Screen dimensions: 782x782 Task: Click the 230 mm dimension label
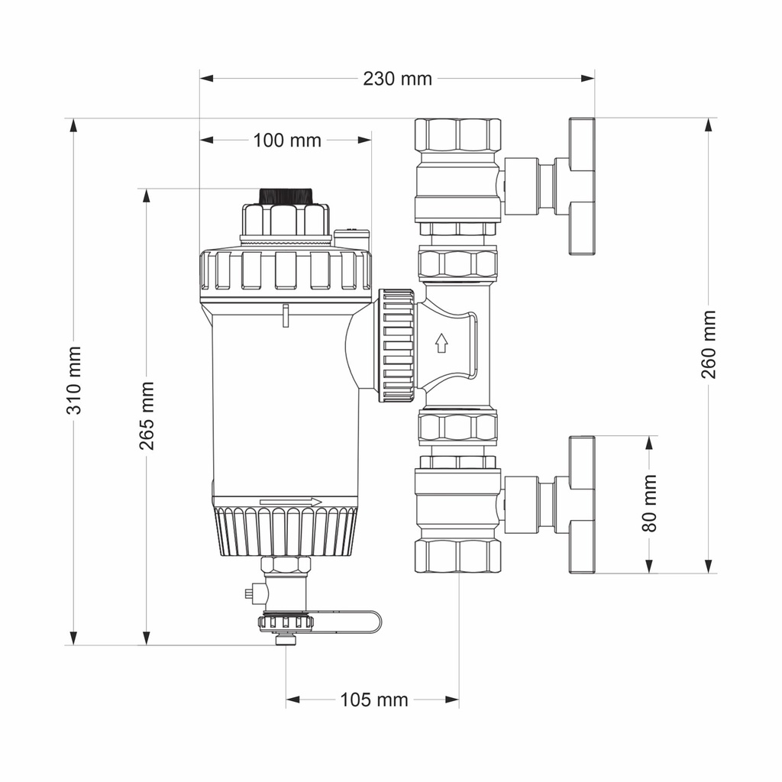pyautogui.click(x=397, y=79)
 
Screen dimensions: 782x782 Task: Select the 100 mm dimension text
pyautogui.click(x=287, y=141)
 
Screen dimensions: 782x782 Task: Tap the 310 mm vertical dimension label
pyautogui.click(x=74, y=380)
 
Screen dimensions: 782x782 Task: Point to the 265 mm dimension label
pyautogui.click(x=147, y=415)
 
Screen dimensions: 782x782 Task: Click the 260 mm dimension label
pyautogui.click(x=709, y=344)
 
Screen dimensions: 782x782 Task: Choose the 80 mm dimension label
pyautogui.click(x=649, y=503)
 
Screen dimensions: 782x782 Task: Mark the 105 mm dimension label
pyautogui.click(x=374, y=700)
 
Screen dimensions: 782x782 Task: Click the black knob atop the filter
pyautogui.click(x=286, y=195)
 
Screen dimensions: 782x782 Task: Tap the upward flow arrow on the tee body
pyautogui.click(x=441, y=343)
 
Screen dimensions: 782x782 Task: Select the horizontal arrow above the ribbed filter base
pyautogui.click(x=291, y=502)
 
